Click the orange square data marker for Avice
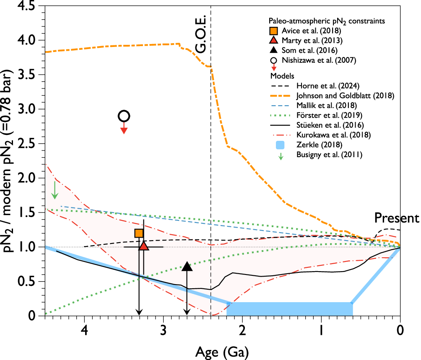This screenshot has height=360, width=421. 139,233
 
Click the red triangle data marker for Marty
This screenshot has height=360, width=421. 144,246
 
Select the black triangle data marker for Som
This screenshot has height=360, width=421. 187,266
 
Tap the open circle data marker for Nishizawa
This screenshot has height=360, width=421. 124,116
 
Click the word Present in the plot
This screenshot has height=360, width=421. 396,218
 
